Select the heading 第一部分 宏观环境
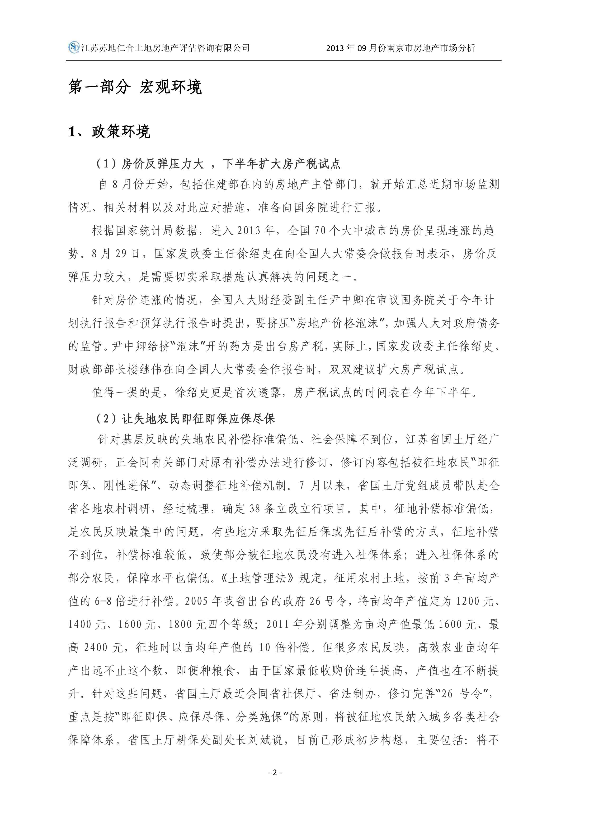(135, 87)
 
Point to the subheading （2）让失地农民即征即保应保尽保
(185, 419)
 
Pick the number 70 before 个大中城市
(320, 231)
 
